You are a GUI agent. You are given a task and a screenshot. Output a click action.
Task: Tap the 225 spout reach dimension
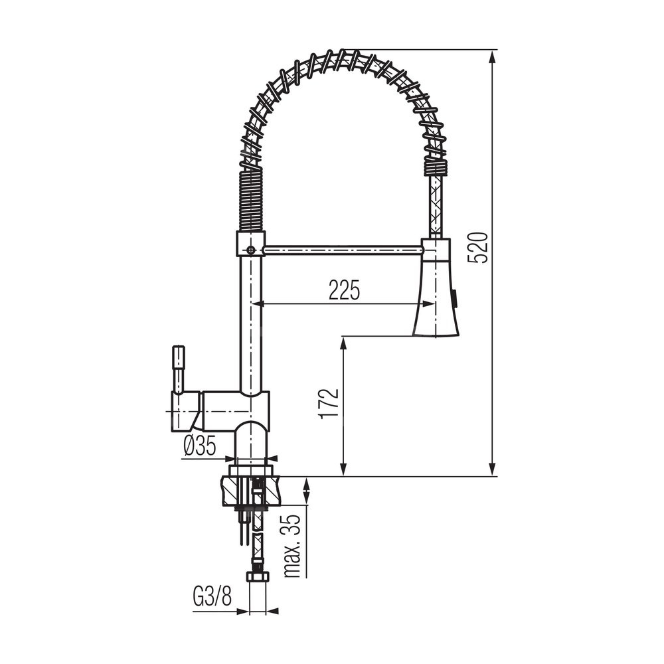pos(344,290)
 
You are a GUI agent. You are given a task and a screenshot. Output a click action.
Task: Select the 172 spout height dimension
pos(329,403)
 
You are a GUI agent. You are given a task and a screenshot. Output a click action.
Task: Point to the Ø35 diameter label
pos(200,446)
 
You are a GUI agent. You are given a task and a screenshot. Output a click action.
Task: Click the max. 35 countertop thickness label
pos(293,546)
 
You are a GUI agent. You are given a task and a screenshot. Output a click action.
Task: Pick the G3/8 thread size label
pos(212,597)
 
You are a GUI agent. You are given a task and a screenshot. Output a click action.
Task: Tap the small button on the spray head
pos(455,296)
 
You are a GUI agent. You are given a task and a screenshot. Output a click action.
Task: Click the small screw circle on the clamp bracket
pos(251,250)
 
